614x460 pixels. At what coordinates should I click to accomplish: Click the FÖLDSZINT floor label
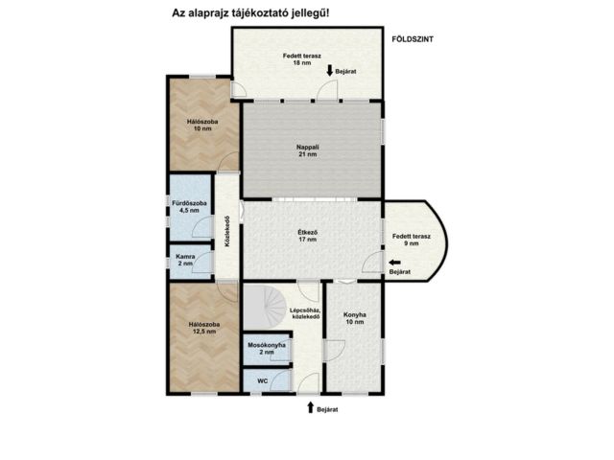click(x=413, y=39)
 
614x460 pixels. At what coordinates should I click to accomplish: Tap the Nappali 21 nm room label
click(x=307, y=150)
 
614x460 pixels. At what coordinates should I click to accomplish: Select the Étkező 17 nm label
click(x=307, y=236)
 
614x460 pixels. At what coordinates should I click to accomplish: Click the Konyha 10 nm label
click(x=355, y=318)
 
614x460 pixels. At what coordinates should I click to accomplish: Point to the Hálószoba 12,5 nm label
click(x=204, y=328)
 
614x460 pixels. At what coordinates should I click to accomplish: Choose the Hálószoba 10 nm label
click(x=202, y=125)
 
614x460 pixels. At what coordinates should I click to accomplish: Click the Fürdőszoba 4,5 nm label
click(x=189, y=207)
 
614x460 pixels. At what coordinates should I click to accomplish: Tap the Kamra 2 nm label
click(x=185, y=260)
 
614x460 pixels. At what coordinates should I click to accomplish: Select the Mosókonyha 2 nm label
click(x=267, y=349)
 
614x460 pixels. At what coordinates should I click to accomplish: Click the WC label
click(x=263, y=380)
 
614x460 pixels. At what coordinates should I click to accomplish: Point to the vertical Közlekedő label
click(x=227, y=231)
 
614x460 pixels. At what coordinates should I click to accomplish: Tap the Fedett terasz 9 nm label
click(x=412, y=240)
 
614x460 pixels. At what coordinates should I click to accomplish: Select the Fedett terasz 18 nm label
click(x=302, y=59)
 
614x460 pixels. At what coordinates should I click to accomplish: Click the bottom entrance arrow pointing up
click(x=311, y=407)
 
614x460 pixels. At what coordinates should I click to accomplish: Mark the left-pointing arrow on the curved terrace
click(x=394, y=263)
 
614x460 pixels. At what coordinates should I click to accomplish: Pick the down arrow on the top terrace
click(x=330, y=70)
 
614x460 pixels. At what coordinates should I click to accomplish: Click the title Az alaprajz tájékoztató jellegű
click(x=250, y=13)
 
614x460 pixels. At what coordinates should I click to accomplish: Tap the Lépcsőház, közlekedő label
click(x=305, y=313)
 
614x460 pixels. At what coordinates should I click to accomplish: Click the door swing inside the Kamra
click(x=202, y=262)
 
